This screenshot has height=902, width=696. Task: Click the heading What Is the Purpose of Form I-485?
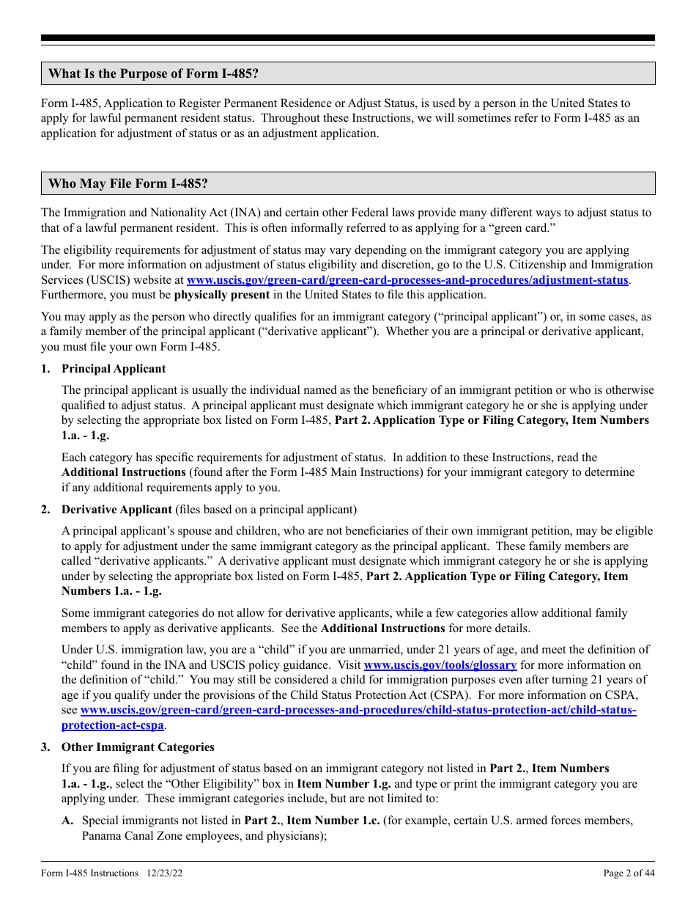pos(154,73)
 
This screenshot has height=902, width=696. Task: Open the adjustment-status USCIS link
pos(408,280)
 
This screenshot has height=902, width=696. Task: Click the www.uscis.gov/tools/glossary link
pos(440,665)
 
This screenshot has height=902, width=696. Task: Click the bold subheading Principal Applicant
pos(114,369)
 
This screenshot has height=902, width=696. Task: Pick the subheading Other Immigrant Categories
pos(138,747)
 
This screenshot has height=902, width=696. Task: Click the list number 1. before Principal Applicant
pos(46,369)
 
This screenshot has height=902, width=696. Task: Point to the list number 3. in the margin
pos(46,747)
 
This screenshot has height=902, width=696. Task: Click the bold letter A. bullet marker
pos(67,821)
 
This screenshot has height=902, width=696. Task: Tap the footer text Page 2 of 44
pos(629,873)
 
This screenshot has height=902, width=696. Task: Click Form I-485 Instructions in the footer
pos(90,873)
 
